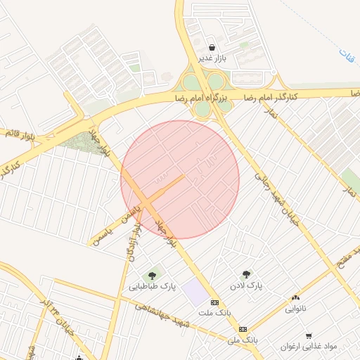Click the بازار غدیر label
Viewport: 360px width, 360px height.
point(212,58)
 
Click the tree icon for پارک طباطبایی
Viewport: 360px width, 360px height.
point(152,275)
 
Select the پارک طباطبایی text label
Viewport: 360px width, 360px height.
point(152,287)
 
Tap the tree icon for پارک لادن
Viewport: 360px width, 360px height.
point(247,275)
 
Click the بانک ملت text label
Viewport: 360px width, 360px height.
point(214,311)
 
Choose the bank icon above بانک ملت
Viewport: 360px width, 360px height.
point(214,301)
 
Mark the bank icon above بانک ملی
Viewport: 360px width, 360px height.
point(243,328)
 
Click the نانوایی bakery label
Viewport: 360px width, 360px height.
point(295,308)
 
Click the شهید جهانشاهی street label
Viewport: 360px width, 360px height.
point(161,313)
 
